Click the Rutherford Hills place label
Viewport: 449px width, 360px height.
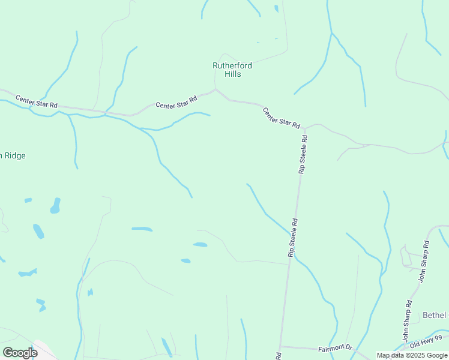click(232, 70)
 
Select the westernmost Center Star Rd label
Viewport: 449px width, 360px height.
click(37, 101)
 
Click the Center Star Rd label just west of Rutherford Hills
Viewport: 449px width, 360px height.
click(176, 103)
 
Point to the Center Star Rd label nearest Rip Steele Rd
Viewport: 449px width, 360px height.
click(281, 118)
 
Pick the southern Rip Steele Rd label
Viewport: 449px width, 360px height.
click(293, 238)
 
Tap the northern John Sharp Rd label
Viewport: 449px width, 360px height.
click(424, 261)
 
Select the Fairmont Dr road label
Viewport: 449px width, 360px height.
click(334, 347)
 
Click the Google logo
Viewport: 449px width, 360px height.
click(20, 352)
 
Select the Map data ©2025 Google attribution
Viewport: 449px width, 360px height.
click(412, 355)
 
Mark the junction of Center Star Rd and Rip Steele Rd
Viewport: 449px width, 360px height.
click(304, 128)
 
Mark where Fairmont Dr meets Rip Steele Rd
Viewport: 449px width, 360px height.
click(280, 346)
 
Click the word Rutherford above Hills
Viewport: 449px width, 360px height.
click(232, 65)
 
